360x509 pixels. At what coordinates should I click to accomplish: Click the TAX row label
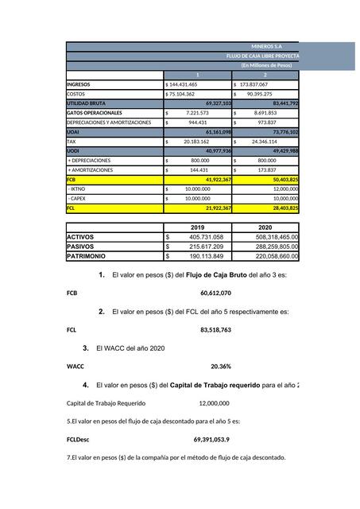pos(72,142)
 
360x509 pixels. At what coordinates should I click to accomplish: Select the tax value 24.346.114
pos(259,142)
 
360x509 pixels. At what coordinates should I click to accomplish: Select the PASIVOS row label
pos(86,247)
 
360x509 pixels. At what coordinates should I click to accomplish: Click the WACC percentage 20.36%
pos(220,367)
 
